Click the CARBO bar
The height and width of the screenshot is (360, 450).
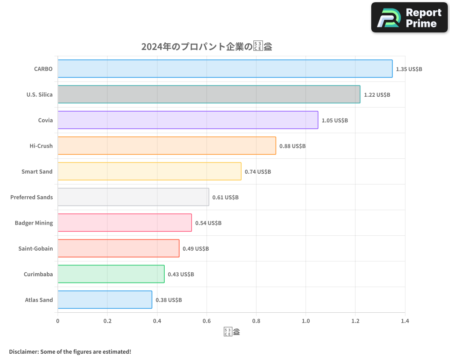click(x=225, y=69)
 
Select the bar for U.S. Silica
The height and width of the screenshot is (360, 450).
click(x=209, y=94)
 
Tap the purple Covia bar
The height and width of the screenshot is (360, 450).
click(x=188, y=120)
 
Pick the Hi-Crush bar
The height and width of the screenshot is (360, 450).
click(x=166, y=146)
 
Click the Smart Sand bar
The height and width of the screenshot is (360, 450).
click(x=149, y=171)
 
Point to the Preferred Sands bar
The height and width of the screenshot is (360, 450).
click(x=133, y=197)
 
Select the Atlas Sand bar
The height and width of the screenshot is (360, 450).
click(x=105, y=300)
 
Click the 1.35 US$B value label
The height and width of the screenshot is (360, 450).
click(x=409, y=69)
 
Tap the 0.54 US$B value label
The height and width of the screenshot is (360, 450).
click(x=208, y=223)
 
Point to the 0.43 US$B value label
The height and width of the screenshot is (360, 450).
click(x=181, y=274)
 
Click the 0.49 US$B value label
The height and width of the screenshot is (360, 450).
click(x=196, y=249)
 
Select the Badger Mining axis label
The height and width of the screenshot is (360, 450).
click(x=34, y=223)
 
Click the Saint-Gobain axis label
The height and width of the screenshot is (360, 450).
click(x=36, y=249)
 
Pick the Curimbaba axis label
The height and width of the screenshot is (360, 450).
click(x=38, y=274)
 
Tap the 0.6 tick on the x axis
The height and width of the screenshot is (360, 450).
click(x=207, y=321)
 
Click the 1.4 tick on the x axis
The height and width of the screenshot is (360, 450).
click(x=405, y=321)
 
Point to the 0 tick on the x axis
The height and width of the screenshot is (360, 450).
click(x=58, y=321)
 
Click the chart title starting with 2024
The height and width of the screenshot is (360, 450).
click(x=207, y=47)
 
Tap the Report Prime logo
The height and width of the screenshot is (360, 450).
click(x=409, y=18)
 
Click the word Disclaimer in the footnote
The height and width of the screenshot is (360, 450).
click(x=23, y=351)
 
